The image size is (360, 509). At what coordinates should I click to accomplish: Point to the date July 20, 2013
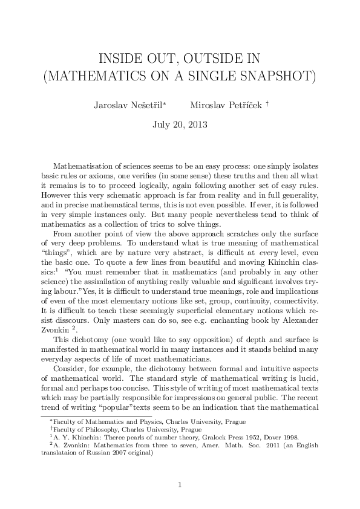pyautogui.click(x=180, y=126)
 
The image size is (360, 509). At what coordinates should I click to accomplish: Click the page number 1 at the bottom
pyautogui.click(x=180, y=485)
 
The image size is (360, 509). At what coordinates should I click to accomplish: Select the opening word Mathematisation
pyautogui.click(x=84, y=166)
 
